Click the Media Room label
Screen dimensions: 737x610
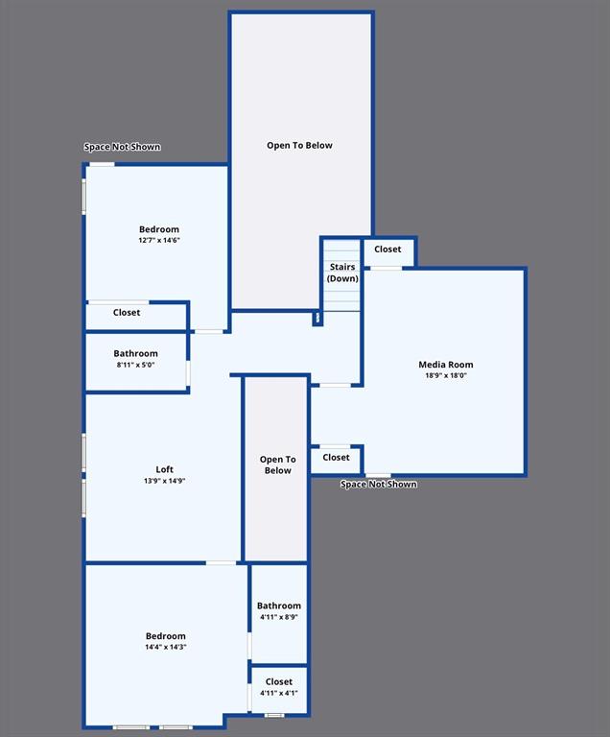tap(445, 365)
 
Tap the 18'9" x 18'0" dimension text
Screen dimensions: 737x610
tap(445, 375)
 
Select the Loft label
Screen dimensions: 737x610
tap(164, 469)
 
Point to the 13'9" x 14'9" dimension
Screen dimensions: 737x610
tap(164, 480)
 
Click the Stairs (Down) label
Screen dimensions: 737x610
tap(342, 273)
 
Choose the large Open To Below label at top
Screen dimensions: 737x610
tap(299, 146)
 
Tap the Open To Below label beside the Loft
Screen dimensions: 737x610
tap(277, 464)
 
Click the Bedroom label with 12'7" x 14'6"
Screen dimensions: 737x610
tap(159, 229)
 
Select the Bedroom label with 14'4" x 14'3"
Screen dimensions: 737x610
tap(166, 636)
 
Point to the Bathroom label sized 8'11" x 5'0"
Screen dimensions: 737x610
tap(135, 353)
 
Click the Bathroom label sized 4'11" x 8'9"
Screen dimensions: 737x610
tap(278, 606)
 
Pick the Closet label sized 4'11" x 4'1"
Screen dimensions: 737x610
tap(279, 682)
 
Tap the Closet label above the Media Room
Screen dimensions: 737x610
tap(387, 250)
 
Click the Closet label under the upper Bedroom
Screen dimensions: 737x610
tap(127, 313)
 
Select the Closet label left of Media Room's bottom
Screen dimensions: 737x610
tap(336, 458)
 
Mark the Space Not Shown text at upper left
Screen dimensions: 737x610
tap(122, 147)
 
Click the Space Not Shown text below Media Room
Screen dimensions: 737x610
tap(379, 485)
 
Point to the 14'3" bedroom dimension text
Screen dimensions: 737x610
tap(166, 647)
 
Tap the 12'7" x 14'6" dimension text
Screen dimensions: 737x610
tap(159, 240)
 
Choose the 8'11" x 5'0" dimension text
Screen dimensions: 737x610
tap(135, 365)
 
